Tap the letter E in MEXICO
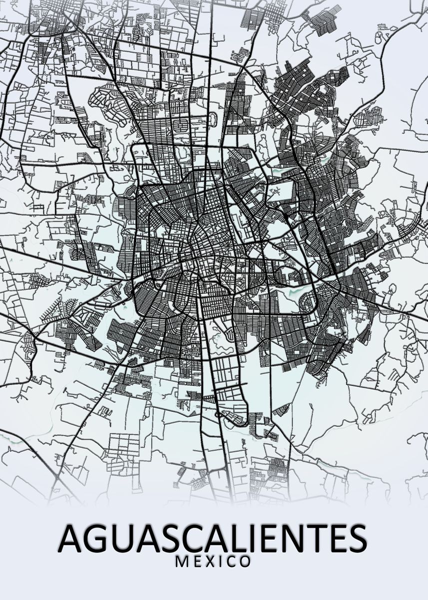(x=197, y=561)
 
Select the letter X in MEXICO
(x=210, y=561)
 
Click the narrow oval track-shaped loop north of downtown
(x=214, y=119)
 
